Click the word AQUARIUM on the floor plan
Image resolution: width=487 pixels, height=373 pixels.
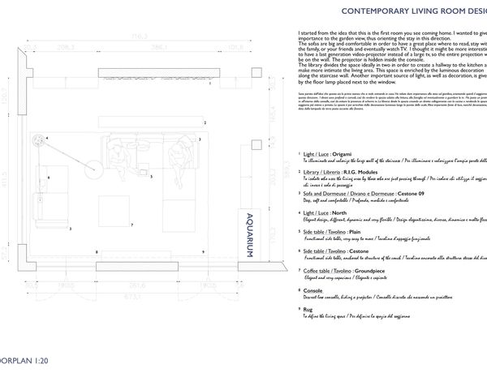click(248, 235)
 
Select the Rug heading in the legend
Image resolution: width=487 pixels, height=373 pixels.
click(306, 309)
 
